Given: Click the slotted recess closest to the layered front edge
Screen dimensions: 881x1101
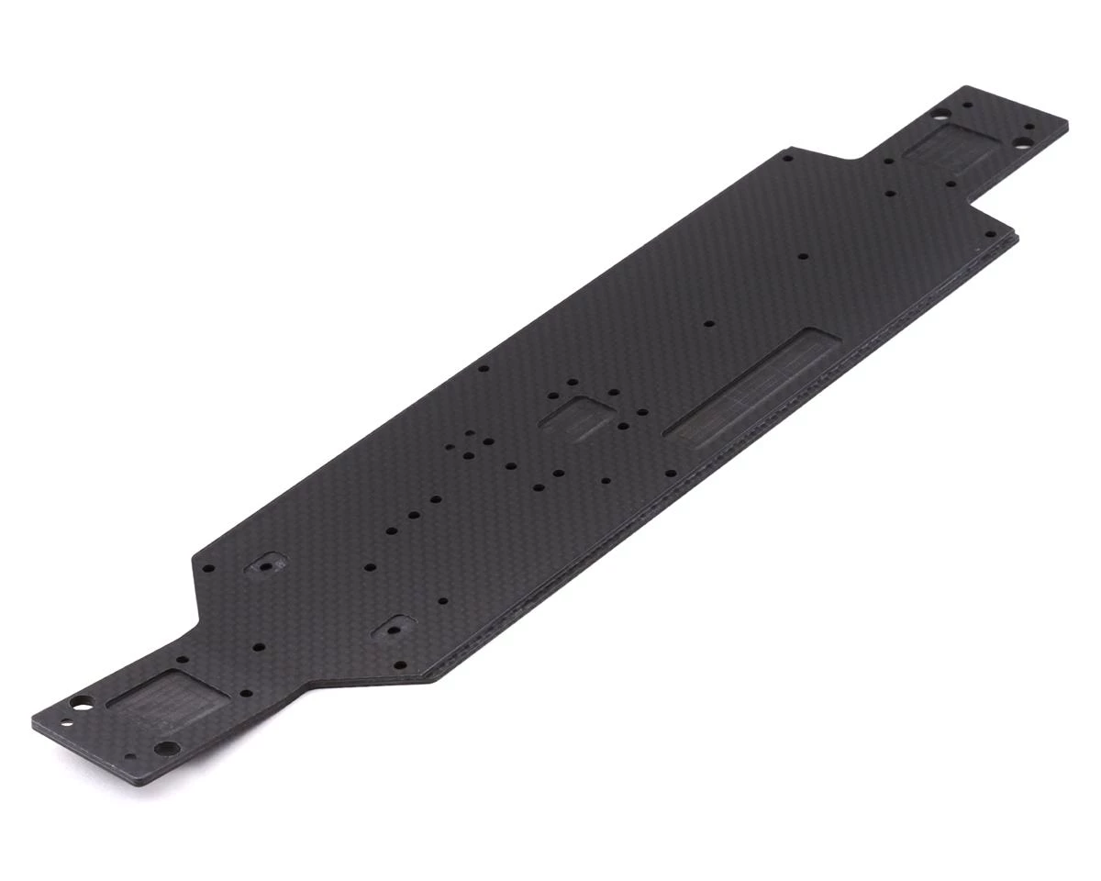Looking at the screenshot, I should click(391, 630).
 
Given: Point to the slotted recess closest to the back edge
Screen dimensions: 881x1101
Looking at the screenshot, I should click(264, 566).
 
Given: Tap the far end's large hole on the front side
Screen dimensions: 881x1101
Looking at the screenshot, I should click(1019, 143).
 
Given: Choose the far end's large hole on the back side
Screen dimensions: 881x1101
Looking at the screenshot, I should click(938, 116).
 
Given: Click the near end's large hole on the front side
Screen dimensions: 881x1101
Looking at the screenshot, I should click(165, 749).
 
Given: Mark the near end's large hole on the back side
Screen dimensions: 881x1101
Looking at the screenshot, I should click(81, 704).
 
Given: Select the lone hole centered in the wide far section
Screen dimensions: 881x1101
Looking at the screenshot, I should click(803, 257).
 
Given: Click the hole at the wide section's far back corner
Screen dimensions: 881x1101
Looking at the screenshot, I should click(787, 157).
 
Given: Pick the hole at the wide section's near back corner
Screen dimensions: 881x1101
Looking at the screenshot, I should click(206, 567).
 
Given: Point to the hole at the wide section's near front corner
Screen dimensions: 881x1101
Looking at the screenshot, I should click(400, 662).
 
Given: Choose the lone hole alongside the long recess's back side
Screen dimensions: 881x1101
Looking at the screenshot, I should click(708, 323).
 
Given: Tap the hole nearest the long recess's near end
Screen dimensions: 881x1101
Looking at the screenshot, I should click(671, 474).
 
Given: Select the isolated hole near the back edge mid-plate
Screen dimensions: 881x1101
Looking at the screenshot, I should click(484, 369).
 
